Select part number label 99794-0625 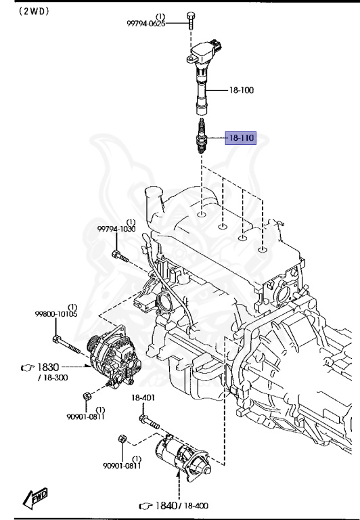pyautogui.click(x=145, y=24)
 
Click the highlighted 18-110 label pyautogui.click(x=240, y=138)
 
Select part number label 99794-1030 pyautogui.click(x=116, y=230)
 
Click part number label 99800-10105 pyautogui.click(x=56, y=314)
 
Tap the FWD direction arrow pyautogui.click(x=35, y=499)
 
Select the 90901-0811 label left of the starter pyautogui.click(x=122, y=465)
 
